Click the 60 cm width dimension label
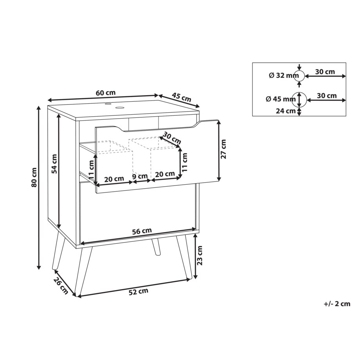click(105, 93)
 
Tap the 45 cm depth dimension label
click(182, 97)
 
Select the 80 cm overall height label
click(34, 177)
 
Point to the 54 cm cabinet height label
click(54, 164)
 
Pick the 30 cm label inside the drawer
click(172, 137)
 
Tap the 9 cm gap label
click(140, 176)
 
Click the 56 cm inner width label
click(142, 231)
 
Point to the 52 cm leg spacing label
click(139, 292)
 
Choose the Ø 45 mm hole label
click(281, 99)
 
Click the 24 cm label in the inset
click(285, 111)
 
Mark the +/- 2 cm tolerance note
click(337, 304)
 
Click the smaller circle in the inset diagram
click(299, 76)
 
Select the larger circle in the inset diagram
click(299, 100)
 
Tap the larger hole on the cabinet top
click(119, 107)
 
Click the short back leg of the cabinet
click(156, 247)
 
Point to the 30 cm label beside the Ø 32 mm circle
click(325, 72)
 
